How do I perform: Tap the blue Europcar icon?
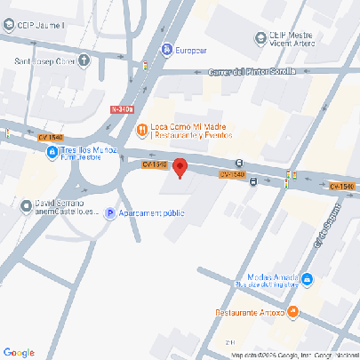click(x=165, y=51)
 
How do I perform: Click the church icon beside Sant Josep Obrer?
click(x=84, y=60)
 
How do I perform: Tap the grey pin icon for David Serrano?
click(x=25, y=206)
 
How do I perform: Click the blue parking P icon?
click(x=110, y=213)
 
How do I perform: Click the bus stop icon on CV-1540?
click(x=254, y=182)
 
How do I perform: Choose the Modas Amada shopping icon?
click(x=307, y=280)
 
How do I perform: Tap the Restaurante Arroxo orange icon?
click(x=294, y=313)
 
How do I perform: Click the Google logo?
click(x=19, y=352)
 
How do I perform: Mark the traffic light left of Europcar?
click(x=146, y=65)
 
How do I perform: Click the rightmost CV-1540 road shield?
click(x=341, y=186)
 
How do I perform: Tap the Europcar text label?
click(x=191, y=51)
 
